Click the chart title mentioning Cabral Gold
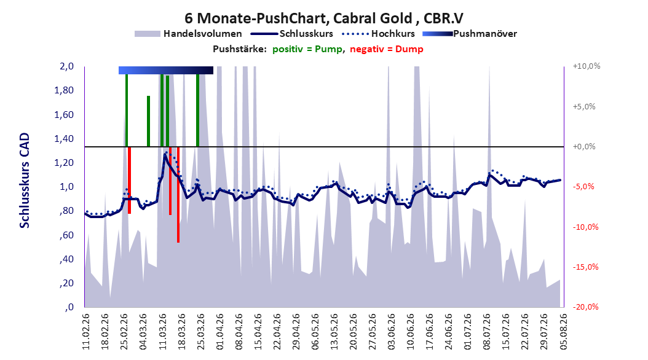(x=323, y=18)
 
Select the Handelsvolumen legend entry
(x=188, y=34)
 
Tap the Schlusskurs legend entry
(x=292, y=34)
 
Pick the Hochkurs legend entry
(x=378, y=34)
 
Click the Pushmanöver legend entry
(x=470, y=34)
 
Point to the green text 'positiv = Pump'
(x=307, y=49)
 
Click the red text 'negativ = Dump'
(x=387, y=49)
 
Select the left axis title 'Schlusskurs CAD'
(x=25, y=181)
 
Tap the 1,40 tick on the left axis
(x=64, y=139)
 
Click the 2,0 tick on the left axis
(x=66, y=66)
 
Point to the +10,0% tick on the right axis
(x=587, y=66)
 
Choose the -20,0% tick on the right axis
(x=585, y=307)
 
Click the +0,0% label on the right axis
(x=584, y=147)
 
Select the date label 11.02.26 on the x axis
(x=86, y=332)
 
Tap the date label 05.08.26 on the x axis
(x=563, y=332)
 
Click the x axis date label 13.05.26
(x=334, y=332)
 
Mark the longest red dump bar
(x=178, y=195)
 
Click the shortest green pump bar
(x=148, y=121)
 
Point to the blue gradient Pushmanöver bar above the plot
(x=166, y=70)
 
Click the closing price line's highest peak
(x=165, y=155)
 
